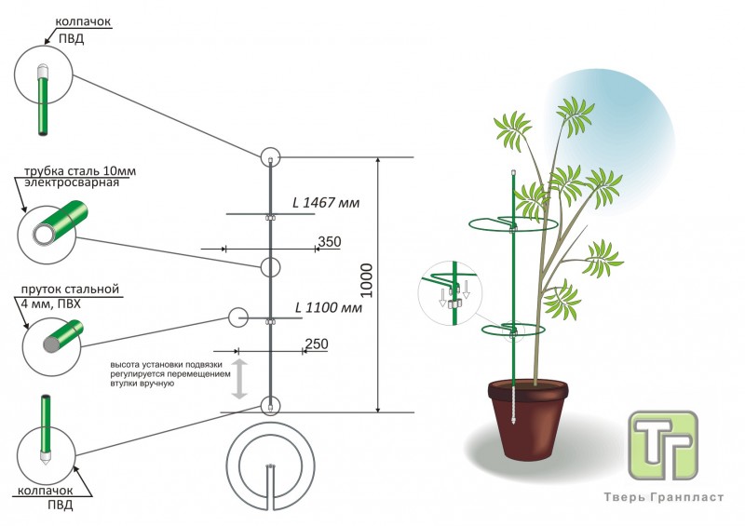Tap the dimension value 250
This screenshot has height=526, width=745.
point(317,344)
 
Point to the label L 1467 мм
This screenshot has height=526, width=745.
point(325,202)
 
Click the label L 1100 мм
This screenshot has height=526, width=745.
point(327,306)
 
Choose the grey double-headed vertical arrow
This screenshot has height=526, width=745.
point(239,379)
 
